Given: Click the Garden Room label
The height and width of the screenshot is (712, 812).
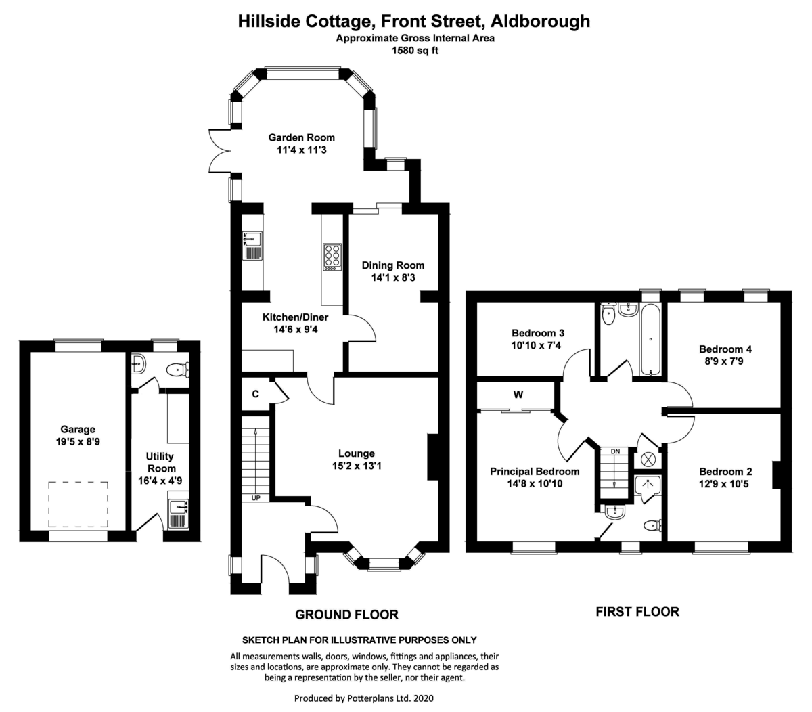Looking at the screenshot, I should pyautogui.click(x=301, y=137).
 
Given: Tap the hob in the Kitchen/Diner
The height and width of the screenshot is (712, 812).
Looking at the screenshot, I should pyautogui.click(x=332, y=257).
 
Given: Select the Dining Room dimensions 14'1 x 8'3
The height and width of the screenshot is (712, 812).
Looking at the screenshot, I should pyautogui.click(x=392, y=277).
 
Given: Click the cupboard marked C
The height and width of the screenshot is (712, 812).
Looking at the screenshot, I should pyautogui.click(x=255, y=393).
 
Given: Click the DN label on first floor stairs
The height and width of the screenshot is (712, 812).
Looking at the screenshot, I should pyautogui.click(x=615, y=451).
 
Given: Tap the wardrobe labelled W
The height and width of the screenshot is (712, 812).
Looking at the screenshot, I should pyautogui.click(x=518, y=395).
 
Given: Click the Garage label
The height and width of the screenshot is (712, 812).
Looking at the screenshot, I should pyautogui.click(x=78, y=429).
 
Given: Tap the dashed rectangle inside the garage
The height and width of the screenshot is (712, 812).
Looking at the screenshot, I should pyautogui.click(x=78, y=505).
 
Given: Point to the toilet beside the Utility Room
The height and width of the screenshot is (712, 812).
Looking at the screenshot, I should pyautogui.click(x=178, y=370).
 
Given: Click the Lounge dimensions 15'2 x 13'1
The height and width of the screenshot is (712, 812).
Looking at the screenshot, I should pyautogui.click(x=356, y=466).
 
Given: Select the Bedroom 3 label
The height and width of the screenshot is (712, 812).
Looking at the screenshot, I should pyautogui.click(x=538, y=333).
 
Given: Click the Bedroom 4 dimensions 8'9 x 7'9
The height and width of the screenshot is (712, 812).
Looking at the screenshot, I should pyautogui.click(x=725, y=361).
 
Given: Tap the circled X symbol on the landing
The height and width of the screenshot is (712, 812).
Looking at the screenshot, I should pyautogui.click(x=648, y=459).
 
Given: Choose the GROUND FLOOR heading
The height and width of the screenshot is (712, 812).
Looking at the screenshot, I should pyautogui.click(x=346, y=615).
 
